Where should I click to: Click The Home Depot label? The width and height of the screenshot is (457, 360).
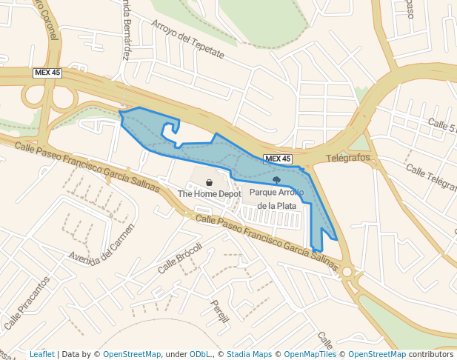click(x=210, y=194)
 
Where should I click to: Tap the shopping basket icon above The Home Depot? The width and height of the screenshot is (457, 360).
click(x=210, y=182)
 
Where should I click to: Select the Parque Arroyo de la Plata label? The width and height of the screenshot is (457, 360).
click(x=277, y=199)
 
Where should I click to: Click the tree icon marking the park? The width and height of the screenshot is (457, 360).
click(x=277, y=180)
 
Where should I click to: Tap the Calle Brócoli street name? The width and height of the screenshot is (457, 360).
click(x=180, y=258)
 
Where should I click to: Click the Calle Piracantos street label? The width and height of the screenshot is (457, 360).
click(x=27, y=304)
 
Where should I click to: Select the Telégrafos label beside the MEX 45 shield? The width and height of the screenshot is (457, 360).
click(x=348, y=158)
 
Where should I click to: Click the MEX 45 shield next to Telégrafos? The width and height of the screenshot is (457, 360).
click(x=278, y=159)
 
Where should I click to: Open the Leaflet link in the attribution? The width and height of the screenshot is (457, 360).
click(x=41, y=355)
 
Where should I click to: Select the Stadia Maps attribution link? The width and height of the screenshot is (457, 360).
click(x=249, y=355)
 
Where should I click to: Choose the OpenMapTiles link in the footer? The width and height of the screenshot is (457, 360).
click(x=310, y=355)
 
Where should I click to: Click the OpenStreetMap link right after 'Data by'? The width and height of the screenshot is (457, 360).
click(x=132, y=355)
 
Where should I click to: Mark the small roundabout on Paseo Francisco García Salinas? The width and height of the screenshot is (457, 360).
click(x=347, y=272)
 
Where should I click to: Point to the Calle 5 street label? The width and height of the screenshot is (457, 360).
click(x=441, y=125)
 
